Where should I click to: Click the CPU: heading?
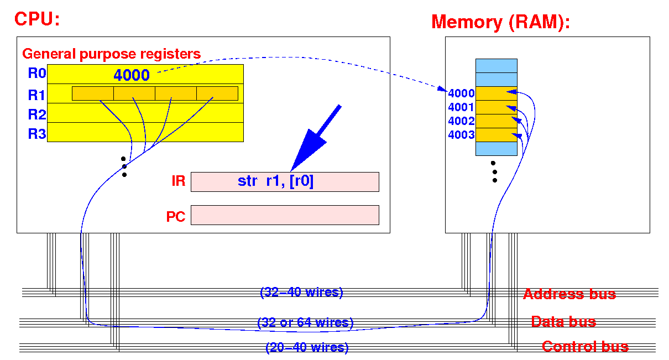37,19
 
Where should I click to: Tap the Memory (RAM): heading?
500,23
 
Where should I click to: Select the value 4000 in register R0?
132,75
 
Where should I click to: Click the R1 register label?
36,95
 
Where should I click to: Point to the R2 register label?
37,114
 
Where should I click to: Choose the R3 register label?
37,133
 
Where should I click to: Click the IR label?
178,181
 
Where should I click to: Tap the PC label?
176,217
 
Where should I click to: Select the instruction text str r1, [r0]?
275,181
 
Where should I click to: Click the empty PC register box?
285,215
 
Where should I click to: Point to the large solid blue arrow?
315,138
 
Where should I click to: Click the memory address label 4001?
461,107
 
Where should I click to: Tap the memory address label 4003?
461,135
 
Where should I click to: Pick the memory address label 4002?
461,121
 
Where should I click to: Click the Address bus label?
569,294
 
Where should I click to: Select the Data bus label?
563,321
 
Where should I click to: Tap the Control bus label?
586,347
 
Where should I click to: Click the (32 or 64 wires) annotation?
305,322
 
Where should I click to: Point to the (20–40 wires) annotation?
307,347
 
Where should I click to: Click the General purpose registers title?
111,54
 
